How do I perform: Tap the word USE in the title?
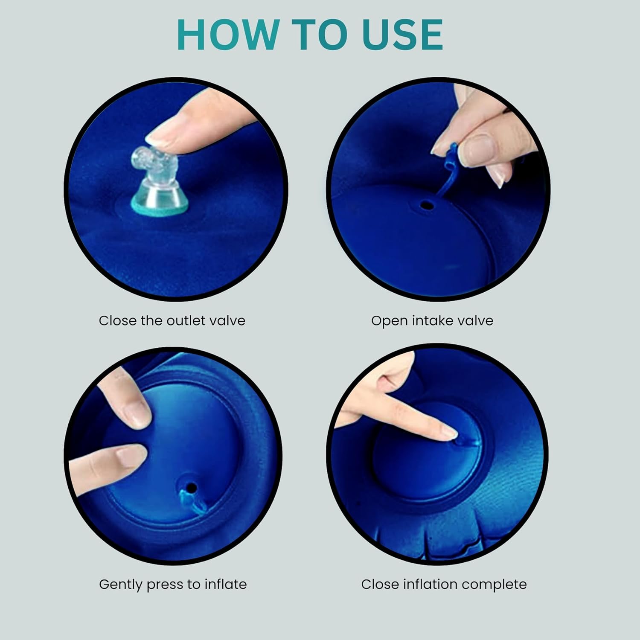(x=402, y=35)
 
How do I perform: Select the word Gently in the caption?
(x=121, y=584)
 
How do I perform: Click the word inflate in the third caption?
(x=225, y=584)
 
